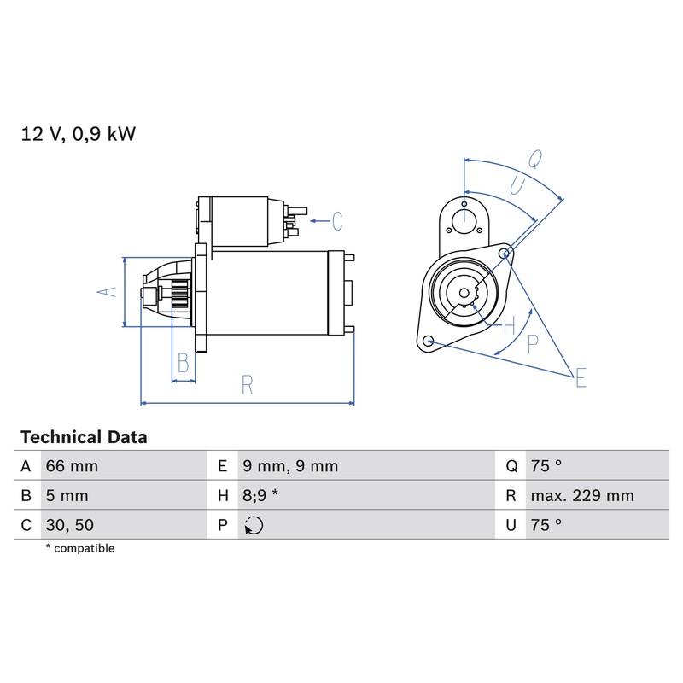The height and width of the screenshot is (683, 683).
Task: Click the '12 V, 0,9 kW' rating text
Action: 79,134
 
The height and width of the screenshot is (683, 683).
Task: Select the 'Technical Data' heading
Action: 84,437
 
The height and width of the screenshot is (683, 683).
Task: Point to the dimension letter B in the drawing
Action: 184,362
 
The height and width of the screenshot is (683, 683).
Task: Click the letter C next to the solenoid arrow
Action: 337,221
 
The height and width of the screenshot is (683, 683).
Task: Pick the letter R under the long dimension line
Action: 247,385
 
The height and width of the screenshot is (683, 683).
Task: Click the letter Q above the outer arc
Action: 535,159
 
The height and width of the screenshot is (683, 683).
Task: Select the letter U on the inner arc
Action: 517,186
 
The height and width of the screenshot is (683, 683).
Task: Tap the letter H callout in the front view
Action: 509,326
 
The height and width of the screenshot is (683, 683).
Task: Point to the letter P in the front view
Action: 532,344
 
